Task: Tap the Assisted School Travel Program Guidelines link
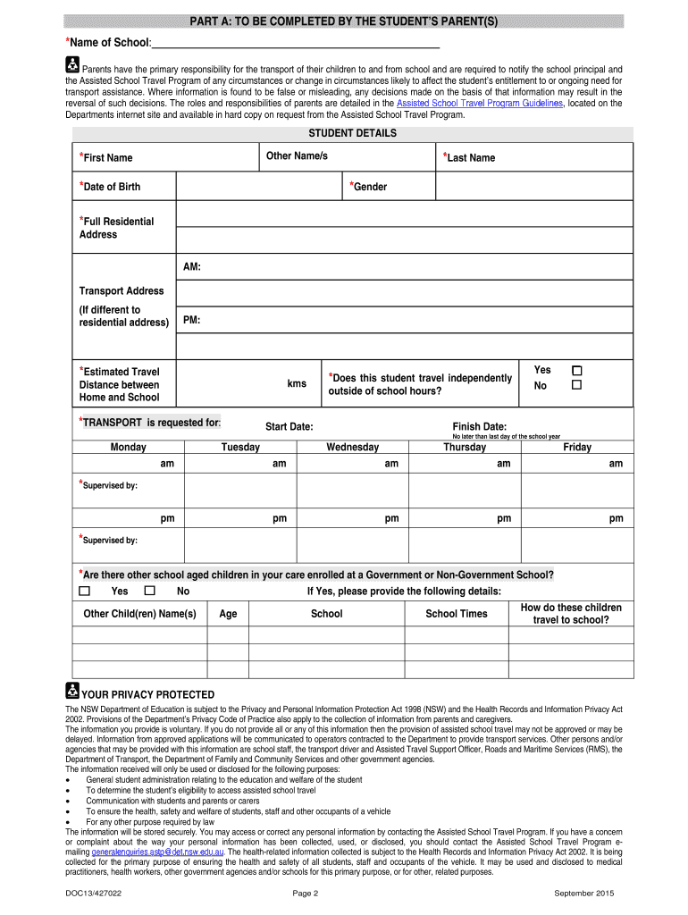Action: [x=479, y=103]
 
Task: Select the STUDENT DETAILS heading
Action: [x=352, y=133]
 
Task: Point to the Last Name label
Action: [x=469, y=158]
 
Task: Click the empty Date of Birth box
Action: [x=259, y=187]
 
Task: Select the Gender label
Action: [x=368, y=187]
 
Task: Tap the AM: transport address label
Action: [x=192, y=267]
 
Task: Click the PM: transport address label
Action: [x=192, y=320]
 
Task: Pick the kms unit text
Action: [x=297, y=383]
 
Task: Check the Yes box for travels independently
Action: [x=576, y=370]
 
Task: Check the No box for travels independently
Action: [x=576, y=385]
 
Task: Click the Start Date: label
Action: [x=289, y=426]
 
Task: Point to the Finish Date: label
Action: [x=479, y=426]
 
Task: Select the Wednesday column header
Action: [x=352, y=447]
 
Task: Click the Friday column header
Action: [x=576, y=447]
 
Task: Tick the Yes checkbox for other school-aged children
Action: [x=85, y=591]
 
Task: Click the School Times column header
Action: [x=456, y=614]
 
